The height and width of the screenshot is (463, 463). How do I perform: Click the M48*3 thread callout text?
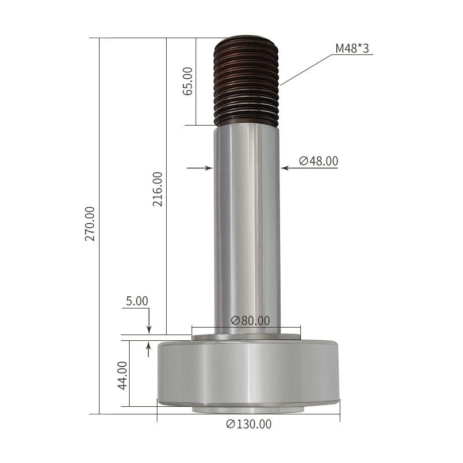point(352,48)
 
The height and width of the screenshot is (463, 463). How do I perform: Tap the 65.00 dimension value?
point(188,81)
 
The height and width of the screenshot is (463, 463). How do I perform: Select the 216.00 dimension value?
point(157,189)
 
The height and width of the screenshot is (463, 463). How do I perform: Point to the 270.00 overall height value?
point(90,224)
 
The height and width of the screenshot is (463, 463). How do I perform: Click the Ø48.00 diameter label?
point(319,161)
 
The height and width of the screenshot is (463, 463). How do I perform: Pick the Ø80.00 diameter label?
point(251,321)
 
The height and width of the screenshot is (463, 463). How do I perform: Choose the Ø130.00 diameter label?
point(249,424)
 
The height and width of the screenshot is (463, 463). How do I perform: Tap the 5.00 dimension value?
point(137,301)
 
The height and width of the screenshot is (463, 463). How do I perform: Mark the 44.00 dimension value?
point(122,375)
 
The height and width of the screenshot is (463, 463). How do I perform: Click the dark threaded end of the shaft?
point(246,80)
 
